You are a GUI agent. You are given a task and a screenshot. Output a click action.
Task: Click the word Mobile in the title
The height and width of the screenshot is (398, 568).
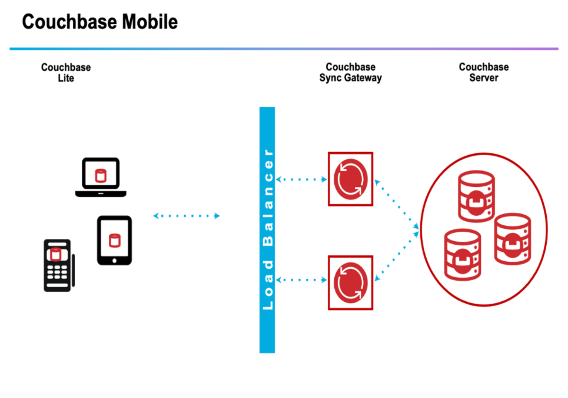(x=150, y=22)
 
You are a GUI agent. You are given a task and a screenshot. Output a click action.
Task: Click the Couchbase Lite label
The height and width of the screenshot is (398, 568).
(x=66, y=73)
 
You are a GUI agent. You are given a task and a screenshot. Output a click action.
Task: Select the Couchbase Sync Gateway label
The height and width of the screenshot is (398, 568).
(x=350, y=72)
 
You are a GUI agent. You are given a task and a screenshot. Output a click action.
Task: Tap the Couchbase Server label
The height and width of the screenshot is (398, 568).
(x=484, y=72)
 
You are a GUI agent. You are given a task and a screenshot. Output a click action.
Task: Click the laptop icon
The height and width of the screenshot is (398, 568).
(x=101, y=177)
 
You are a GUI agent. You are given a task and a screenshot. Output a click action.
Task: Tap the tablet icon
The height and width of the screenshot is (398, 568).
(x=114, y=240)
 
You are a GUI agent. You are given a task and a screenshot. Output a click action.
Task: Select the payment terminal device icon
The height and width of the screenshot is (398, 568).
(x=59, y=265)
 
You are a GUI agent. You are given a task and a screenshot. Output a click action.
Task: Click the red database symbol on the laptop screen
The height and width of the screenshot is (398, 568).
(x=101, y=176)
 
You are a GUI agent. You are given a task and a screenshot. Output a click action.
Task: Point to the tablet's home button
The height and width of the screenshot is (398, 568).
(x=114, y=261)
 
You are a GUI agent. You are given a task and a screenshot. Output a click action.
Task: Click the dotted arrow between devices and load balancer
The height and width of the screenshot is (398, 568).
(x=187, y=216)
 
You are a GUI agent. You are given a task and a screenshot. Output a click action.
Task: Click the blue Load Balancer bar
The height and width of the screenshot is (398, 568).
(x=267, y=230)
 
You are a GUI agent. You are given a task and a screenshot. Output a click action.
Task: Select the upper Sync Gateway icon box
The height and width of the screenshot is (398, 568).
(x=350, y=179)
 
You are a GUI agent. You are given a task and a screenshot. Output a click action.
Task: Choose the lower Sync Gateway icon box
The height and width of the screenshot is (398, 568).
(x=350, y=283)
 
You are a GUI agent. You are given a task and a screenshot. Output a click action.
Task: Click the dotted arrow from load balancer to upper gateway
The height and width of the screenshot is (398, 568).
(x=301, y=179)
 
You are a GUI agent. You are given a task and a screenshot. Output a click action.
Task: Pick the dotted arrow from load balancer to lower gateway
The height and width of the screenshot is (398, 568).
(x=301, y=279)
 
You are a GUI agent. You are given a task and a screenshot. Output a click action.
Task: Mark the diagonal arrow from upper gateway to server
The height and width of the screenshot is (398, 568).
(x=397, y=204)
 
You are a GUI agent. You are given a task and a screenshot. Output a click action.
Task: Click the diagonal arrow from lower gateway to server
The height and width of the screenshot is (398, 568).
(x=397, y=256)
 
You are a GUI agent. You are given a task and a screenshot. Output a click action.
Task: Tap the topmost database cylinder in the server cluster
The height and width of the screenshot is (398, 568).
(x=476, y=196)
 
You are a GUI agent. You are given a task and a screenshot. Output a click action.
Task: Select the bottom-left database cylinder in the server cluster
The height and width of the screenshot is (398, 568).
(x=463, y=255)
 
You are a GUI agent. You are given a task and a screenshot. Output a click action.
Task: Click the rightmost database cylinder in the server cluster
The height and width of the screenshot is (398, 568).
(x=513, y=239)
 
